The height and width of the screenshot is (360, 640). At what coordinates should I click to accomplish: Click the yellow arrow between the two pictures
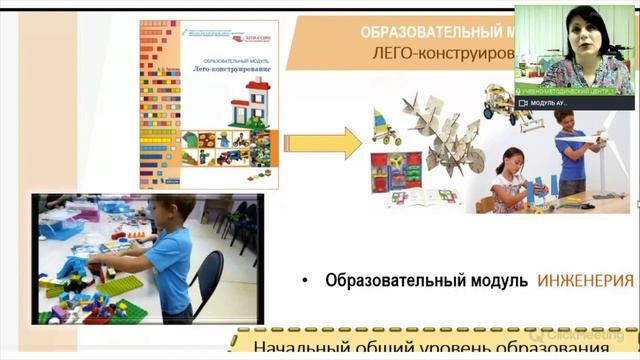(x=337, y=142)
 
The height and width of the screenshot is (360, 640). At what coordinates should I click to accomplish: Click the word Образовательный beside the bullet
(x=390, y=282)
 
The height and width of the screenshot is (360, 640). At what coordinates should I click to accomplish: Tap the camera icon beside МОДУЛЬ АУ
(x=523, y=103)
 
